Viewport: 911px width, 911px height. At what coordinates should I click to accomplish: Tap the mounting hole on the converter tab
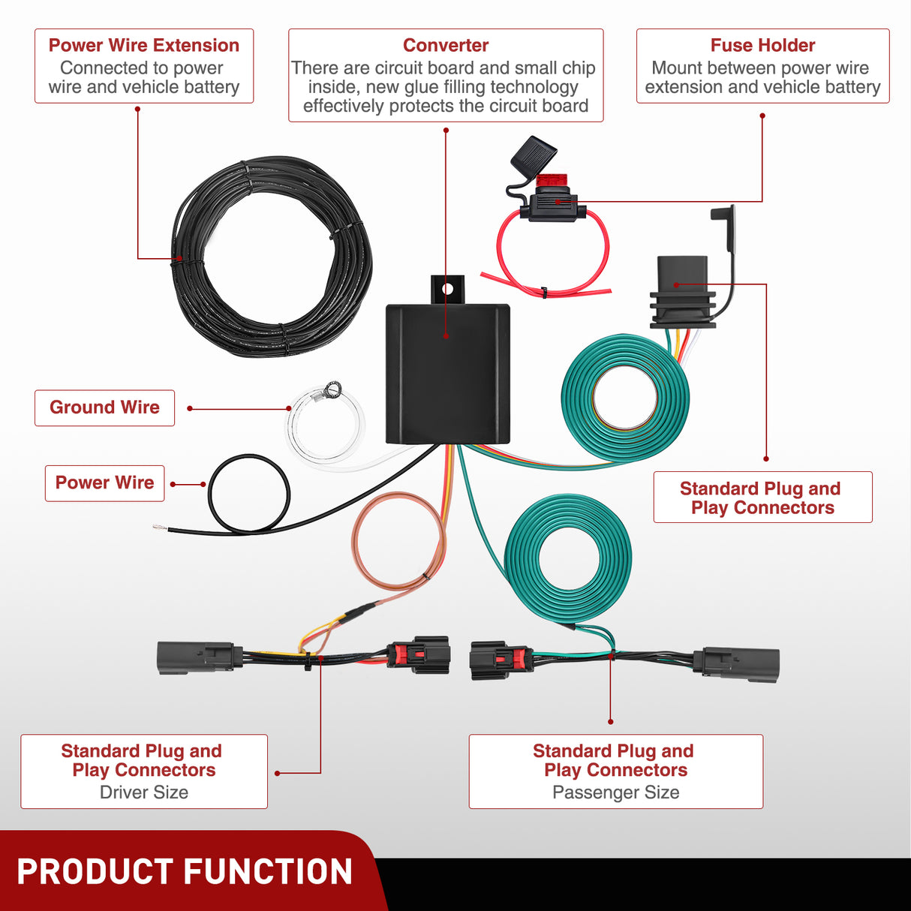[x=448, y=288]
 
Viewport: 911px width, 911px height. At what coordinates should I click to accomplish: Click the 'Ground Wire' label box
[x=104, y=407]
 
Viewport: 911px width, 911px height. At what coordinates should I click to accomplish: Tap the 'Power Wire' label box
[x=104, y=483]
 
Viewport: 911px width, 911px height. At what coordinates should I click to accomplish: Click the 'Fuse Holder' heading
[x=762, y=45]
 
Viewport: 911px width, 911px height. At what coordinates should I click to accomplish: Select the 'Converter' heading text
[x=446, y=45]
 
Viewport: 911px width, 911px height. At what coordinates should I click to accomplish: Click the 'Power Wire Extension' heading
[x=143, y=45]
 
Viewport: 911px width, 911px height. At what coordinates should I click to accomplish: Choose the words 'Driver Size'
[x=144, y=792]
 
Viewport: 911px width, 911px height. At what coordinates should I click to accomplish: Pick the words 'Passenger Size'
[x=615, y=792]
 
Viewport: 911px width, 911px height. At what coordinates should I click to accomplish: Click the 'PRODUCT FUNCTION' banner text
[x=185, y=872]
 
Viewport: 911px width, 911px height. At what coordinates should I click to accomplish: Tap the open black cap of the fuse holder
[x=533, y=155]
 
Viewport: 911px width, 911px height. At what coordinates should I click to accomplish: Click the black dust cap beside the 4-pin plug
[x=723, y=225]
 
